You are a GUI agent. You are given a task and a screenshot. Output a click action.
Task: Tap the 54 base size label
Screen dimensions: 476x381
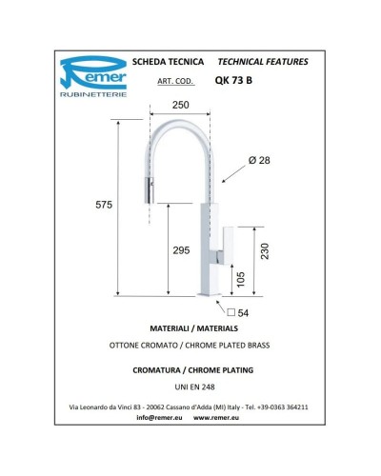[242, 312]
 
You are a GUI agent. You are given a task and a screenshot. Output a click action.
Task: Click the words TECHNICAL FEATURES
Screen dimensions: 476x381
[263, 62]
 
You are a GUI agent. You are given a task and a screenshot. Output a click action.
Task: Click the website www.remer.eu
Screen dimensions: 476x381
[220, 418]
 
